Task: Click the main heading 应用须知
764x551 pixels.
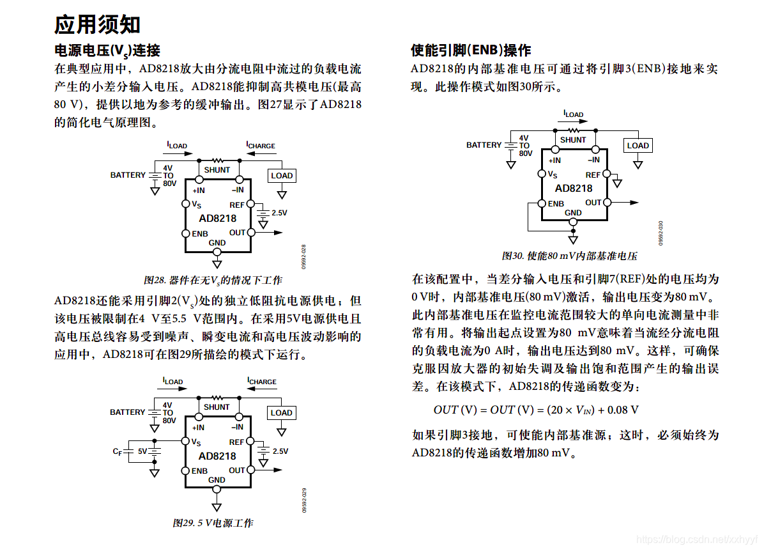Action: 97,24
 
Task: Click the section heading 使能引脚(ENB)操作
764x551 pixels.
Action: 470,50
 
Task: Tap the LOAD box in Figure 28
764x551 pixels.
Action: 281,175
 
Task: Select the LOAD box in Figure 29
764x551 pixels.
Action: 281,412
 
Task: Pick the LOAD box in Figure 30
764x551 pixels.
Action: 638,145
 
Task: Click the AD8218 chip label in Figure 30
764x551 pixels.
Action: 573,189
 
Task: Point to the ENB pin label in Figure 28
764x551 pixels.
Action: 200,233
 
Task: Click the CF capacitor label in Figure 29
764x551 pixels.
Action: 118,451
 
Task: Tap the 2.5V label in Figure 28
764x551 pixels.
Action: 280,213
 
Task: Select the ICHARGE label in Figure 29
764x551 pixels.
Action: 262,382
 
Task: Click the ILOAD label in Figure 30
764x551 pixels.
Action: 573,114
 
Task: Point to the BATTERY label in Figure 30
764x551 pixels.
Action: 484,145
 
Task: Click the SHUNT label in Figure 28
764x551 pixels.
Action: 217,170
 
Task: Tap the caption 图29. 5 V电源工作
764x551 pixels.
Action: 213,523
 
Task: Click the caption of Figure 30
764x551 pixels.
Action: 569,256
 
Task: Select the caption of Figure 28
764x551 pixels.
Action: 213,280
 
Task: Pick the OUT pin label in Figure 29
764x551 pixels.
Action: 237,470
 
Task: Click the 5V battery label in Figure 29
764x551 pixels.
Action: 142,451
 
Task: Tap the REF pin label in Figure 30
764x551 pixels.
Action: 593,175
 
